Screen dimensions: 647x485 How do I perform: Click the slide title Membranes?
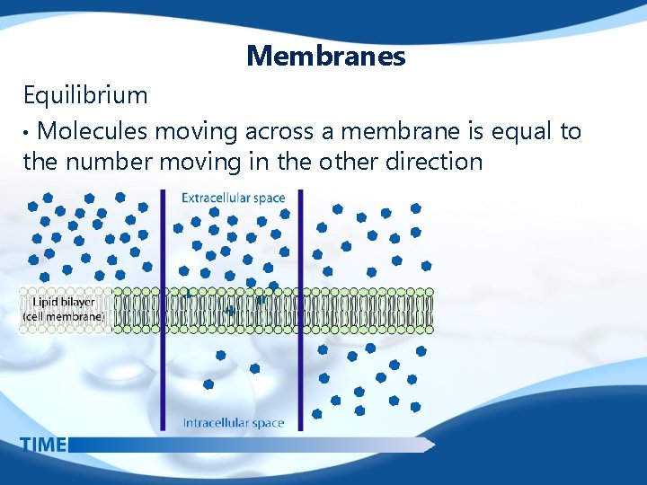click(326, 57)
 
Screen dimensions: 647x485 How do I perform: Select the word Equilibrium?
click(85, 94)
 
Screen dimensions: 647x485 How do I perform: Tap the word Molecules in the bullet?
click(93, 132)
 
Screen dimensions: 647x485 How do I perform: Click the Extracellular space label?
click(233, 198)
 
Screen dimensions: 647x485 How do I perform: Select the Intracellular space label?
click(233, 422)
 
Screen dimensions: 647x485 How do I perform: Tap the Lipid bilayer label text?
click(61, 303)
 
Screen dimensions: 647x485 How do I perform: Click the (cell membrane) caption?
click(63, 316)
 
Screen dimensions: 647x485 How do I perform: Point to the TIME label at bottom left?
click(42, 444)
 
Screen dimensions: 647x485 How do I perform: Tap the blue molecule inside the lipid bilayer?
click(232, 311)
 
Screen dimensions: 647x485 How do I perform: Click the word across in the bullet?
click(270, 132)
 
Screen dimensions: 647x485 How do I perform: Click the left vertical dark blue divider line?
click(164, 305)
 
